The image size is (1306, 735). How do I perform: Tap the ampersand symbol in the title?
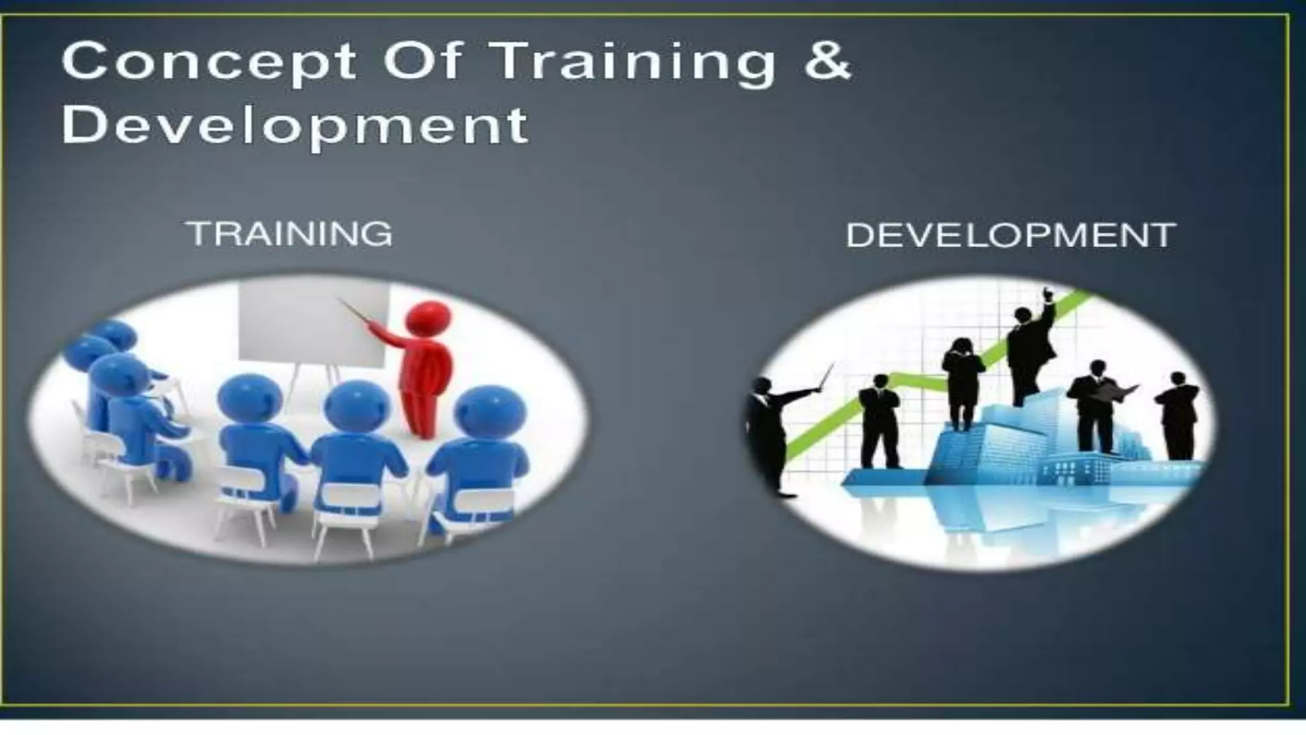coord(827,61)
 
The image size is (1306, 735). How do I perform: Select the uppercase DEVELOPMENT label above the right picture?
coord(1010,235)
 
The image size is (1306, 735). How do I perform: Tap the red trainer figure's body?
coord(423,376)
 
